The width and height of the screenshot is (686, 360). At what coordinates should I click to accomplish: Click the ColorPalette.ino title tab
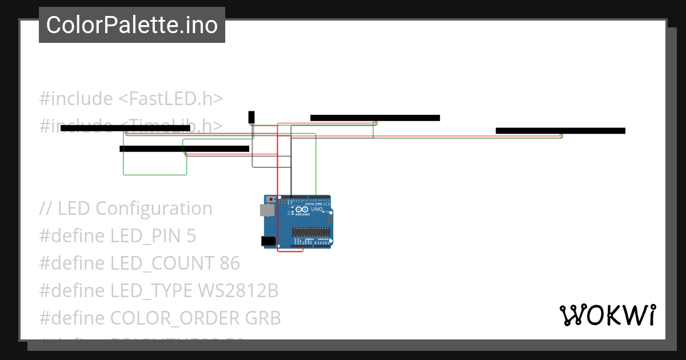tap(132, 25)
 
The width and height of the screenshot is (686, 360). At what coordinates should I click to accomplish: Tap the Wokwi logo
tap(607, 315)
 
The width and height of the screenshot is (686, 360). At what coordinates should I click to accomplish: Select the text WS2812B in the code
tap(238, 291)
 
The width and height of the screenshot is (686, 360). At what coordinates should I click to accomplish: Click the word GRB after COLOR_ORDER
tap(263, 318)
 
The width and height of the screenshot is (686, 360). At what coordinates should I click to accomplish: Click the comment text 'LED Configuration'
tap(135, 209)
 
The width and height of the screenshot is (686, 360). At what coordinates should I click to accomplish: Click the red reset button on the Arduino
tap(271, 199)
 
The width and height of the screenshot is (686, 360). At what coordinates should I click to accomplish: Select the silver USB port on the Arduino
tap(266, 210)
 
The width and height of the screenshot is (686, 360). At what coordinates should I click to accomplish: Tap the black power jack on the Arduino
tap(268, 241)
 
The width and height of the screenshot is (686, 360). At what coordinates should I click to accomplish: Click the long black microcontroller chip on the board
tap(311, 231)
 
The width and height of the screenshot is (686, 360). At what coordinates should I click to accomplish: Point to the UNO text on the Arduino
tap(317, 210)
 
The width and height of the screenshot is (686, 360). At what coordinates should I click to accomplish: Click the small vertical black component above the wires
tap(251, 117)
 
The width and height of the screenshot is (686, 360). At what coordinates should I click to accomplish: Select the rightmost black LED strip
tap(560, 131)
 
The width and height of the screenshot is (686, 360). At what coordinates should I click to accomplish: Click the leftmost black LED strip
tap(125, 128)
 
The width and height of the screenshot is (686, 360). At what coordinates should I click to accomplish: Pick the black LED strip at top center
tap(375, 118)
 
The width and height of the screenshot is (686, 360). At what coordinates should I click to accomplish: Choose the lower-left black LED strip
tap(184, 149)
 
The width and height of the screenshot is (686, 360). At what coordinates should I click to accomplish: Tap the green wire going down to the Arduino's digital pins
tap(316, 166)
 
